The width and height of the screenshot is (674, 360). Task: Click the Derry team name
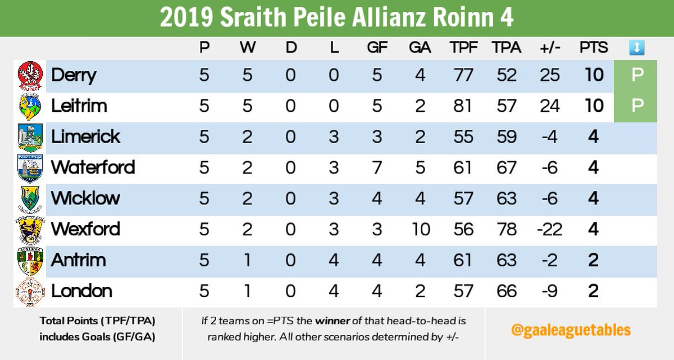coord(74,75)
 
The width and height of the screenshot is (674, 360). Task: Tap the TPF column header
coord(463,48)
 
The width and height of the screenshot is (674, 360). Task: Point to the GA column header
coord(420,48)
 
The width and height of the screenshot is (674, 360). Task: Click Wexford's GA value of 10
coord(420,229)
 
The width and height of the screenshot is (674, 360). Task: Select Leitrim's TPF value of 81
coord(463,106)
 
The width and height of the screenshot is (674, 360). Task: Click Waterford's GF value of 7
coord(377,167)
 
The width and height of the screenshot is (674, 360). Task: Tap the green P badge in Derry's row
coord(636,75)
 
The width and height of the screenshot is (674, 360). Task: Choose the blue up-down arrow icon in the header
coord(636,48)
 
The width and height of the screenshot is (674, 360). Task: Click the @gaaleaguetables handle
coord(571,330)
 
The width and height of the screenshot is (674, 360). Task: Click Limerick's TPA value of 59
coord(506,136)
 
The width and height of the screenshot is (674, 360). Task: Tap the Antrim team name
coord(79,260)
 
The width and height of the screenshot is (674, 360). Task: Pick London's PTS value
coord(593,291)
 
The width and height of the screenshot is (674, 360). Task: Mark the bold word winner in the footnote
coord(331,321)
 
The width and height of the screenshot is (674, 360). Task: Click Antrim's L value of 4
coord(334,260)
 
